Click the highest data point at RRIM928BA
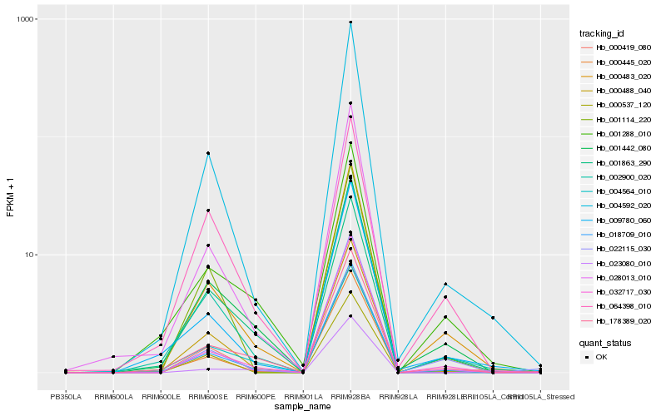(350, 22)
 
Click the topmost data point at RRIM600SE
(208, 153)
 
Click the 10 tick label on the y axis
(28, 255)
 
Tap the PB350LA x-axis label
(66, 396)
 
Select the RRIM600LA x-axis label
(113, 396)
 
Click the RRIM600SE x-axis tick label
(208, 396)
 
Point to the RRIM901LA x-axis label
(303, 396)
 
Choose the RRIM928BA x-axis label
(350, 396)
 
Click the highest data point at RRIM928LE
(445, 285)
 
